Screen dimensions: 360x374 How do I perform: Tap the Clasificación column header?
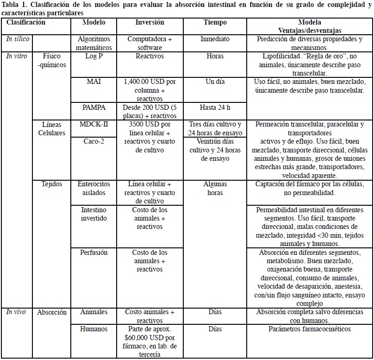[26, 22]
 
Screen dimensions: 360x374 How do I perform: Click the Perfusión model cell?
[93, 253]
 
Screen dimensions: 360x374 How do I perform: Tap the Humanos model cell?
[93, 329]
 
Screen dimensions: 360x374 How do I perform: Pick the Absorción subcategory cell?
[52, 312]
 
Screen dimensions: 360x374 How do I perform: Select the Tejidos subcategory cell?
[52, 184]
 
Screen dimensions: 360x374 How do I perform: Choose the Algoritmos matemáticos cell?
[93, 44]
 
